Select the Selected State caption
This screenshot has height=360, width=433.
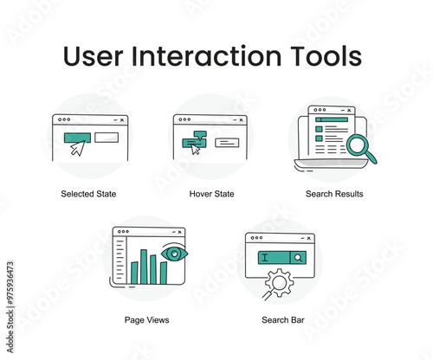(88, 194)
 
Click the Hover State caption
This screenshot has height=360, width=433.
(213, 194)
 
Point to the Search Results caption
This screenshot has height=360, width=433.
(334, 194)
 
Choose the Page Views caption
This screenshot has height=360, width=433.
(146, 320)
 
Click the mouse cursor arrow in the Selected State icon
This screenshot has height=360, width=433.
(78, 148)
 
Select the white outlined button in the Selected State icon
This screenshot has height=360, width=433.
(106, 137)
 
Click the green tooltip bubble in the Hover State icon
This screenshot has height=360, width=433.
(200, 134)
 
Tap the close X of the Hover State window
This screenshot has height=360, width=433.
(241, 119)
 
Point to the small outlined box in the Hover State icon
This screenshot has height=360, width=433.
(228, 142)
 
